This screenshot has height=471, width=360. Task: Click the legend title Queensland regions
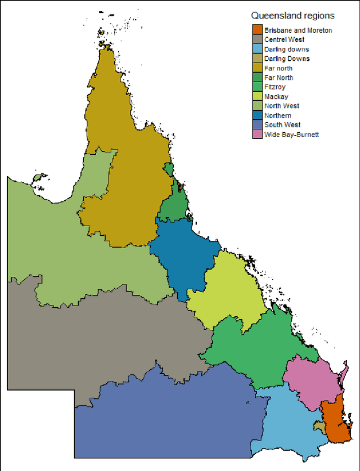point(292,16)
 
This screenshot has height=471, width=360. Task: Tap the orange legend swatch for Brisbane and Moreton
point(257,30)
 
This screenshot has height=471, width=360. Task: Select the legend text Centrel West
point(284,40)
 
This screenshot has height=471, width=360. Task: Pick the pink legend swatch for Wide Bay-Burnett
point(257,134)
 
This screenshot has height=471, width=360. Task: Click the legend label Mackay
point(276,97)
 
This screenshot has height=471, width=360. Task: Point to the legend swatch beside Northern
point(257,115)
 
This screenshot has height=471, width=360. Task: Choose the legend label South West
point(282,125)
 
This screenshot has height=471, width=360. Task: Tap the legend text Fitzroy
point(275,87)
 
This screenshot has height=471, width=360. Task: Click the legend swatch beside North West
point(257,106)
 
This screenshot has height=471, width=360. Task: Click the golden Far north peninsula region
point(127,169)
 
